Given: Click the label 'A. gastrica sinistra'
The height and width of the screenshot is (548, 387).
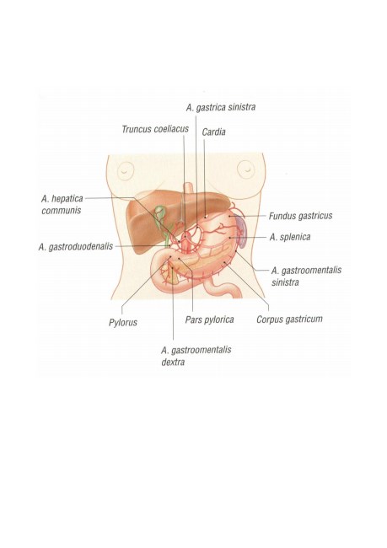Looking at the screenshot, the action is pyautogui.click(x=221, y=107).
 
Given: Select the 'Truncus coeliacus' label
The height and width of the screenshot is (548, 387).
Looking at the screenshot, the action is pyautogui.click(x=155, y=129).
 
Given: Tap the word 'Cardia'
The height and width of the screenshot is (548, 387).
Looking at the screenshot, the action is pyautogui.click(x=213, y=132).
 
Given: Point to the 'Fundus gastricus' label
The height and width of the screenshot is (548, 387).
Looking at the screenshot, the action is pyautogui.click(x=300, y=216).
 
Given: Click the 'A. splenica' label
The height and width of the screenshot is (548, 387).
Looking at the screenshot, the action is pyautogui.click(x=290, y=237).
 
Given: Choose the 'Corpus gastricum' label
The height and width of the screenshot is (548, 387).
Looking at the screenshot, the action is pyautogui.click(x=289, y=320).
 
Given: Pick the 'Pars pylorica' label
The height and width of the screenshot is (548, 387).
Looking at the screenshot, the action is pyautogui.click(x=209, y=320).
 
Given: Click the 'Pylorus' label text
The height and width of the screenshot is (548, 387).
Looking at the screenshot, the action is pyautogui.click(x=123, y=322).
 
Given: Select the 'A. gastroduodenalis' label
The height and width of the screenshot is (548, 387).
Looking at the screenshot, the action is pyautogui.click(x=76, y=247).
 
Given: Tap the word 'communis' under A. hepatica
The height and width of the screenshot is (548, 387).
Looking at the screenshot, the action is pyautogui.click(x=62, y=211).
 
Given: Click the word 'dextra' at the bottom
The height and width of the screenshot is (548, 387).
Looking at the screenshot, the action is pyautogui.click(x=173, y=362).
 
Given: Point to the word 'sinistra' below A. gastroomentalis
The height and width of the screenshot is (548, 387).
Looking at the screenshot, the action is pyautogui.click(x=285, y=282).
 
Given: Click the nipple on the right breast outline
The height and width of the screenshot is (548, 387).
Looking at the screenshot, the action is pyautogui.click(x=246, y=169).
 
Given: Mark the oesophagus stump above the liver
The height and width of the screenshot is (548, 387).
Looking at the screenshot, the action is pyautogui.click(x=188, y=188).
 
